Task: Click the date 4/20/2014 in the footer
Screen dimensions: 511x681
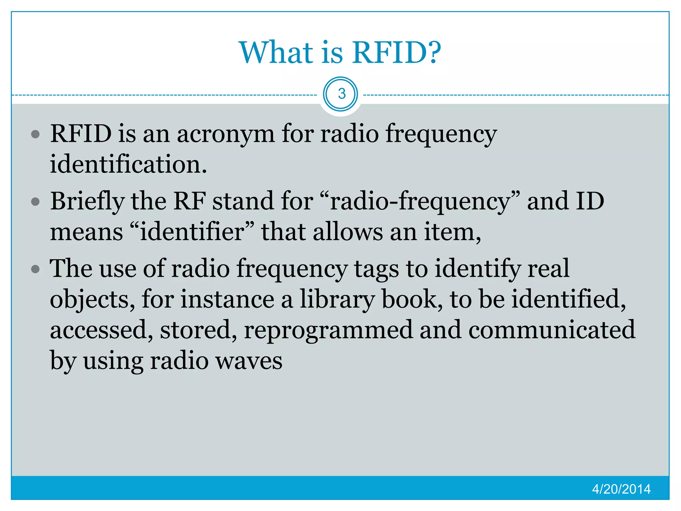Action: point(621,489)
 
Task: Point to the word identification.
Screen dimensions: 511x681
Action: point(128,164)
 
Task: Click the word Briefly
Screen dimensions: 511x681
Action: point(87,202)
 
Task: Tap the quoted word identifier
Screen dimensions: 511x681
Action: point(192,232)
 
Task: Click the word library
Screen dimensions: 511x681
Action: point(337,299)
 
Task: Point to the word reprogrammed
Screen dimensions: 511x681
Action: point(328,330)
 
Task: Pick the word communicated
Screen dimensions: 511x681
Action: point(552,330)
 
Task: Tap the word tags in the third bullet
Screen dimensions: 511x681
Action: point(376,269)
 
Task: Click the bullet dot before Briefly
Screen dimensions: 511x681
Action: point(35,202)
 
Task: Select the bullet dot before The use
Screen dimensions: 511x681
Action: point(35,269)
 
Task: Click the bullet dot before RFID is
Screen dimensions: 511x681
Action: point(35,134)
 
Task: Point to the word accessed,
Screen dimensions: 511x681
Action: point(101,330)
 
